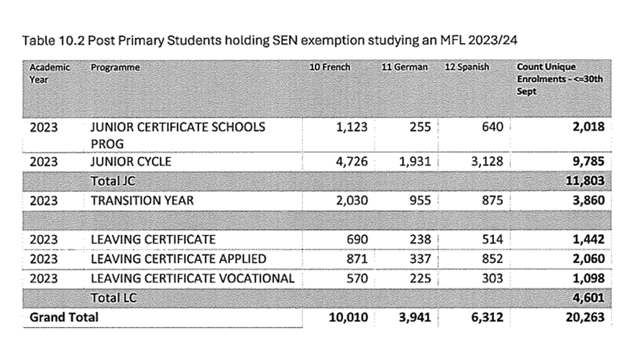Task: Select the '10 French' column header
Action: tap(329, 68)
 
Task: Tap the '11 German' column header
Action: tap(405, 68)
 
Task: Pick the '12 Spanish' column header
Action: tap(467, 68)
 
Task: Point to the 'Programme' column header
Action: tap(115, 68)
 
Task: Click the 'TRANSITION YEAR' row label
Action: tap(142, 200)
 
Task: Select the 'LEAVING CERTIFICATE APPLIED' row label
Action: tap(179, 259)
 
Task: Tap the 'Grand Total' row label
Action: tap(64, 317)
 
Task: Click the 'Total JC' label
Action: tap(114, 181)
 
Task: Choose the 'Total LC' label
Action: tap(114, 297)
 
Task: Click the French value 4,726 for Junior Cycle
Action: tap(352, 162)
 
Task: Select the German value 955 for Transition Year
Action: tap(419, 200)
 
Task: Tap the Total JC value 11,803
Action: tap(585, 181)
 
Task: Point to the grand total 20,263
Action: tap(584, 317)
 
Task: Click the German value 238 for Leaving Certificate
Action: tap(419, 239)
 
